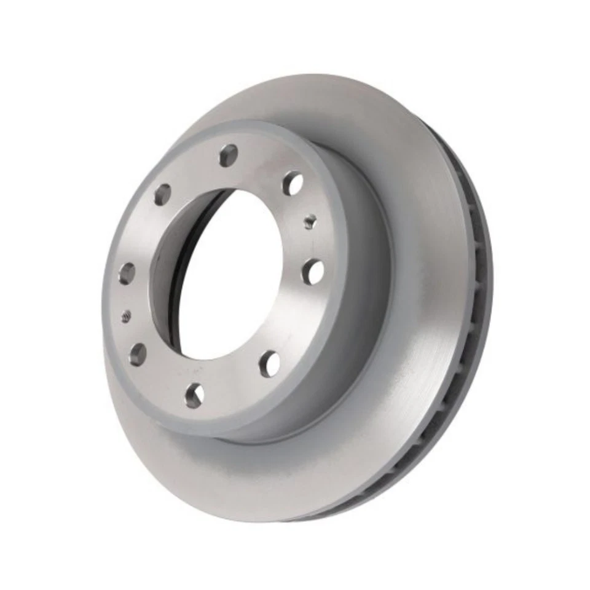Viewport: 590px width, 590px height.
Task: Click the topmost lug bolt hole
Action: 229,155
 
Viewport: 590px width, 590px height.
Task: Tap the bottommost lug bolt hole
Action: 194,395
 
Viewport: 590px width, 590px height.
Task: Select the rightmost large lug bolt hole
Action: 313,271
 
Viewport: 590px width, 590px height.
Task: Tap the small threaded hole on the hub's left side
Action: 126,317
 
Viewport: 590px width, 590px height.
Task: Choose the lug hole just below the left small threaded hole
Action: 138,355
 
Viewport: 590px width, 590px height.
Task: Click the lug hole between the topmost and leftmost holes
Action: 162,194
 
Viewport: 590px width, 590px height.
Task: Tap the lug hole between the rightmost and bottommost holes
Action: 269,364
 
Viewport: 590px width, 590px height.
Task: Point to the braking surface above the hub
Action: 344,111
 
